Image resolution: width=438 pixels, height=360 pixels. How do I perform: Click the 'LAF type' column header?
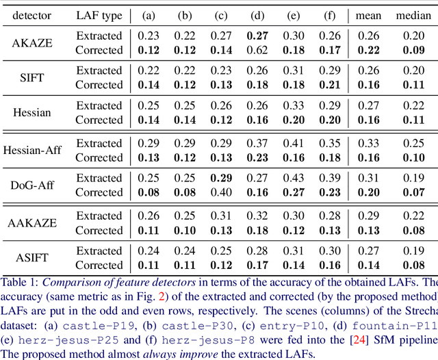[99, 14]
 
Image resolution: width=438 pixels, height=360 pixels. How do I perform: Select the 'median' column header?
[413, 14]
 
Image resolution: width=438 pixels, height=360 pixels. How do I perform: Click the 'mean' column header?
[368, 14]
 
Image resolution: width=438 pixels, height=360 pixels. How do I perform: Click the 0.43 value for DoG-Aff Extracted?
[293, 178]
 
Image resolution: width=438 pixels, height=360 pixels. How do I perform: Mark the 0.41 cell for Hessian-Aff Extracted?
[293, 143]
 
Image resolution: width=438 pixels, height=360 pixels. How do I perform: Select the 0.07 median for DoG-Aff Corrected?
[413, 192]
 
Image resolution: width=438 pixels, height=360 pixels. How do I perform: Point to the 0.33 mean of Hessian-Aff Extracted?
[368, 143]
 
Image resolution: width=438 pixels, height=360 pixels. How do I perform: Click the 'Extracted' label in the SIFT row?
[99, 70]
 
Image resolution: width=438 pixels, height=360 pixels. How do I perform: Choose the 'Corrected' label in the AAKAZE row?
[99, 230]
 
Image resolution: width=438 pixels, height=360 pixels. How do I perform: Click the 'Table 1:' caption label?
[20, 281]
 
